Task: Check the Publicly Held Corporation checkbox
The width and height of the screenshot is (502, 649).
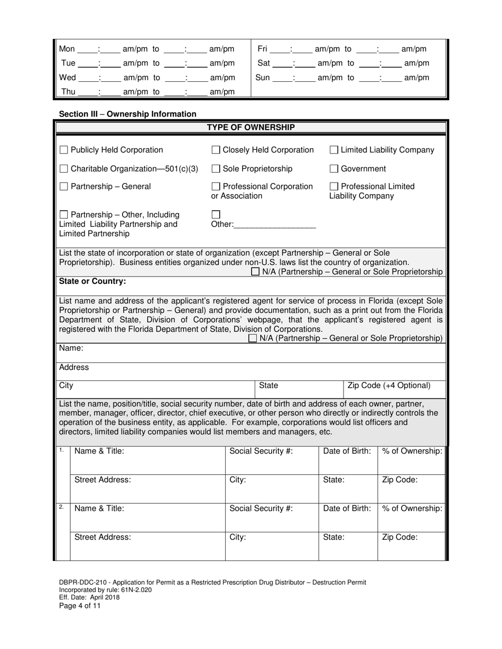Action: (64, 150)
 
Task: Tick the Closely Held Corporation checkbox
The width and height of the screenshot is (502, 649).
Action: (216, 150)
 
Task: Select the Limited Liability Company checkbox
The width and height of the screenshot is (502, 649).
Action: (334, 150)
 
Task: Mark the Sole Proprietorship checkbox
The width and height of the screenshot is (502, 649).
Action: (216, 169)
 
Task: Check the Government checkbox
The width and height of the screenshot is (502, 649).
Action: (334, 169)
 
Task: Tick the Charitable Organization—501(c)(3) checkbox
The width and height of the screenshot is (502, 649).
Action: (64, 169)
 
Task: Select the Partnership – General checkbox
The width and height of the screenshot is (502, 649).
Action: (64, 187)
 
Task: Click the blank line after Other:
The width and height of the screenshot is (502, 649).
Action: (275, 225)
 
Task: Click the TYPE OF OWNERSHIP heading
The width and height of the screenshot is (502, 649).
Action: (250, 127)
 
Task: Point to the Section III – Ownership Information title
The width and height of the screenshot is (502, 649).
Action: (127, 114)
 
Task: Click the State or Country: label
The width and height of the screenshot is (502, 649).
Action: (92, 281)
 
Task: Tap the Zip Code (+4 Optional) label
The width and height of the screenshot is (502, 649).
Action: (389, 386)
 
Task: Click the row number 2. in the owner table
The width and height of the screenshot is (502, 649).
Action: (61, 507)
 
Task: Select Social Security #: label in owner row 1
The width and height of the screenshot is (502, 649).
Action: (261, 451)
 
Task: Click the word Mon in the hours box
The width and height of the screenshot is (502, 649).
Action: (67, 49)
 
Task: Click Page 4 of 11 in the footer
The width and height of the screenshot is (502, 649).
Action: (80, 606)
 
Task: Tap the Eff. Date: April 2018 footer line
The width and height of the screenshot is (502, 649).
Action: (89, 598)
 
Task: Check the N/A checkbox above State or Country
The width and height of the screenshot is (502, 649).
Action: (256, 272)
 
